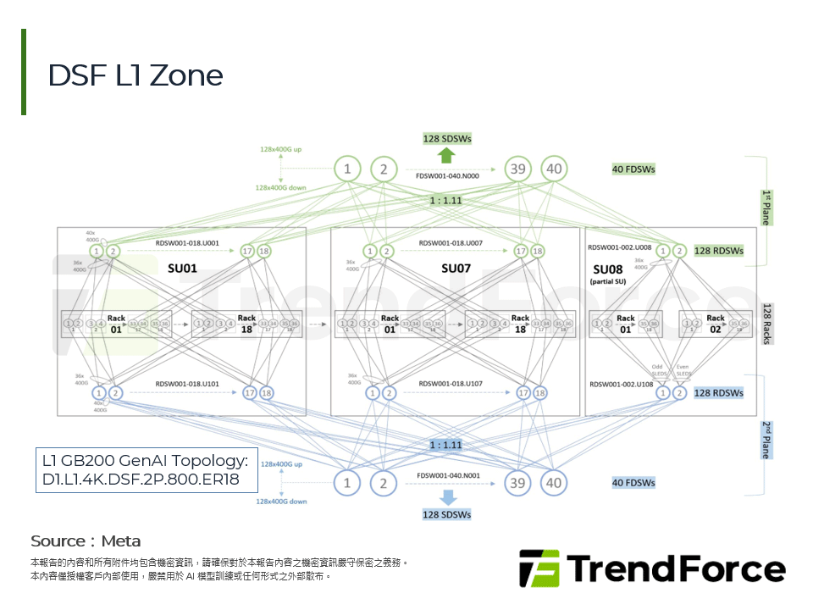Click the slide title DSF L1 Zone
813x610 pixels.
135,75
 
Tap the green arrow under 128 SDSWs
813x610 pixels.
447,154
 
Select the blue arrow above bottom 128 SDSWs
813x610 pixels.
447,496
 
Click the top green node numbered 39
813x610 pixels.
517,169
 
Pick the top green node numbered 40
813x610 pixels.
553,169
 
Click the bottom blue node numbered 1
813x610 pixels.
347,483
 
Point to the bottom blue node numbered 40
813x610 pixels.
553,483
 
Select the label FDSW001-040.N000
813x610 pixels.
447,175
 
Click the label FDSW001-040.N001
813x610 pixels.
447,475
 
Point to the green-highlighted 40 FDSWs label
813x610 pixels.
633,169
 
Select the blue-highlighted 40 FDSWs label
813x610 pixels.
633,483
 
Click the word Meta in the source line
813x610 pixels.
121,541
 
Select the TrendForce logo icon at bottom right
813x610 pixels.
539,568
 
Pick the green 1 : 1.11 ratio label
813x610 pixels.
445,201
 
